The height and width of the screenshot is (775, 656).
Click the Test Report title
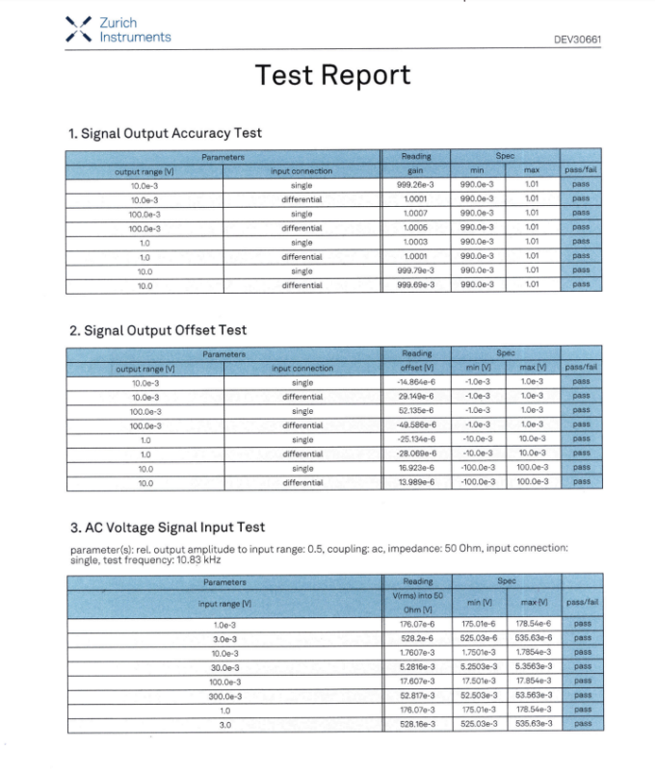click(x=332, y=75)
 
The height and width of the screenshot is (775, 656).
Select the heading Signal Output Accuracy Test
click(x=165, y=133)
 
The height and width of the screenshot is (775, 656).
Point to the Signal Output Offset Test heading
click(x=158, y=330)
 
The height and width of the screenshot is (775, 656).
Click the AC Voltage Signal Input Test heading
click(x=167, y=528)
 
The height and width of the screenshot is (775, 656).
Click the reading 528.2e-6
click(x=417, y=637)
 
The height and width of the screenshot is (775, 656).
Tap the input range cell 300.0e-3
click(x=224, y=695)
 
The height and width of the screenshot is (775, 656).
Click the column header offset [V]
click(x=417, y=368)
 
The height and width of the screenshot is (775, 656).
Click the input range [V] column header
click(x=224, y=603)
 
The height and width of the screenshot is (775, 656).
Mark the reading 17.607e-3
click(x=417, y=681)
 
